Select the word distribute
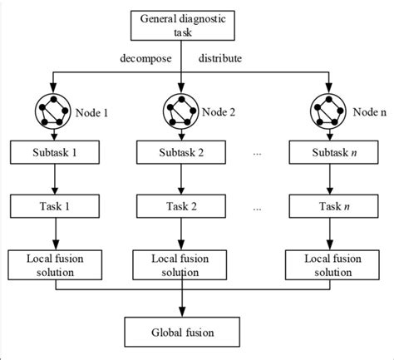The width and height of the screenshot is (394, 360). click(x=221, y=58)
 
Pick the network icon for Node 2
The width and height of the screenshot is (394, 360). click(x=180, y=108)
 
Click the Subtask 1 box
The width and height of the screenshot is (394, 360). click(x=56, y=155)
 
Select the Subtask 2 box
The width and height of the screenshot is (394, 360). click(x=180, y=155)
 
